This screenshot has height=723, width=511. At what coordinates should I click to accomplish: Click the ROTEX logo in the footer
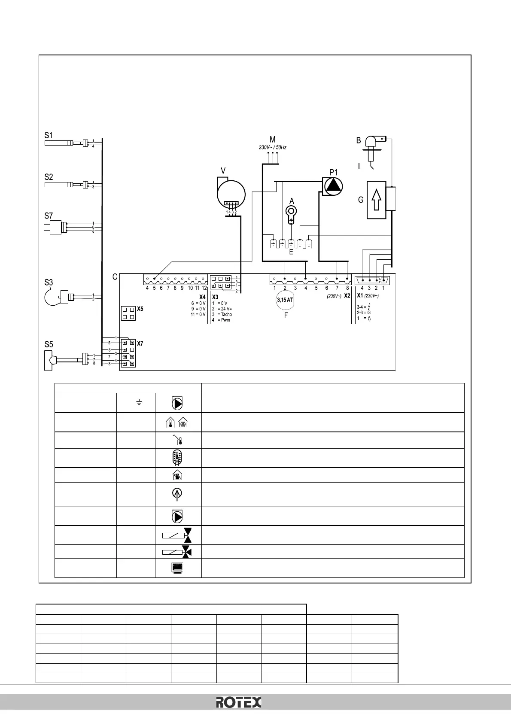coord(238,702)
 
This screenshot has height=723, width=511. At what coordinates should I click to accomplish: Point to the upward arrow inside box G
coord(376,200)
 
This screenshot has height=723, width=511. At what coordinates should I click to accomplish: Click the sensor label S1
coord(49,135)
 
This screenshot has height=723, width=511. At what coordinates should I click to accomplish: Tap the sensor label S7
coord(49,216)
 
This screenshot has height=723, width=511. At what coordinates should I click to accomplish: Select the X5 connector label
coord(140,309)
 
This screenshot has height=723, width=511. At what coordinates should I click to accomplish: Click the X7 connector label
coord(140,343)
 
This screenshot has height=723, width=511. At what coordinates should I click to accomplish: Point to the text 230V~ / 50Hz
coord(272,147)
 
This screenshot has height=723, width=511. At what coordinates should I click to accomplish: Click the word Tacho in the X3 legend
coord(226,315)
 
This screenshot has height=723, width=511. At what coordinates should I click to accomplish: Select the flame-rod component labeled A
coord(291,212)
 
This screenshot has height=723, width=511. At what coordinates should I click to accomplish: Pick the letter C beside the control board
coord(115,277)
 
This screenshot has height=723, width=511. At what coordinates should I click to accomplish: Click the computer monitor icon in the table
coord(178,568)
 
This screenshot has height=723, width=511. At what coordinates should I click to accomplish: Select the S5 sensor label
coord(49,344)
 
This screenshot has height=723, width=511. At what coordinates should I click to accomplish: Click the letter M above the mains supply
coord(272,140)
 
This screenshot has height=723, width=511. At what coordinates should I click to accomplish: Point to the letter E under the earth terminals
coord(291,252)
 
